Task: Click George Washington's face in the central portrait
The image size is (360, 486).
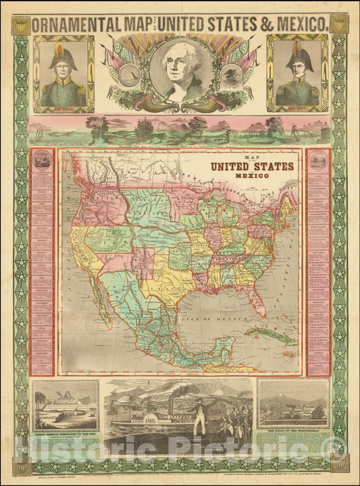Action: pos(180,66)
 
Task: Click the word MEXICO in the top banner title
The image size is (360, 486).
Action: pos(302,24)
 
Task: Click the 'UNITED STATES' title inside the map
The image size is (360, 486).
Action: pos(252,166)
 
